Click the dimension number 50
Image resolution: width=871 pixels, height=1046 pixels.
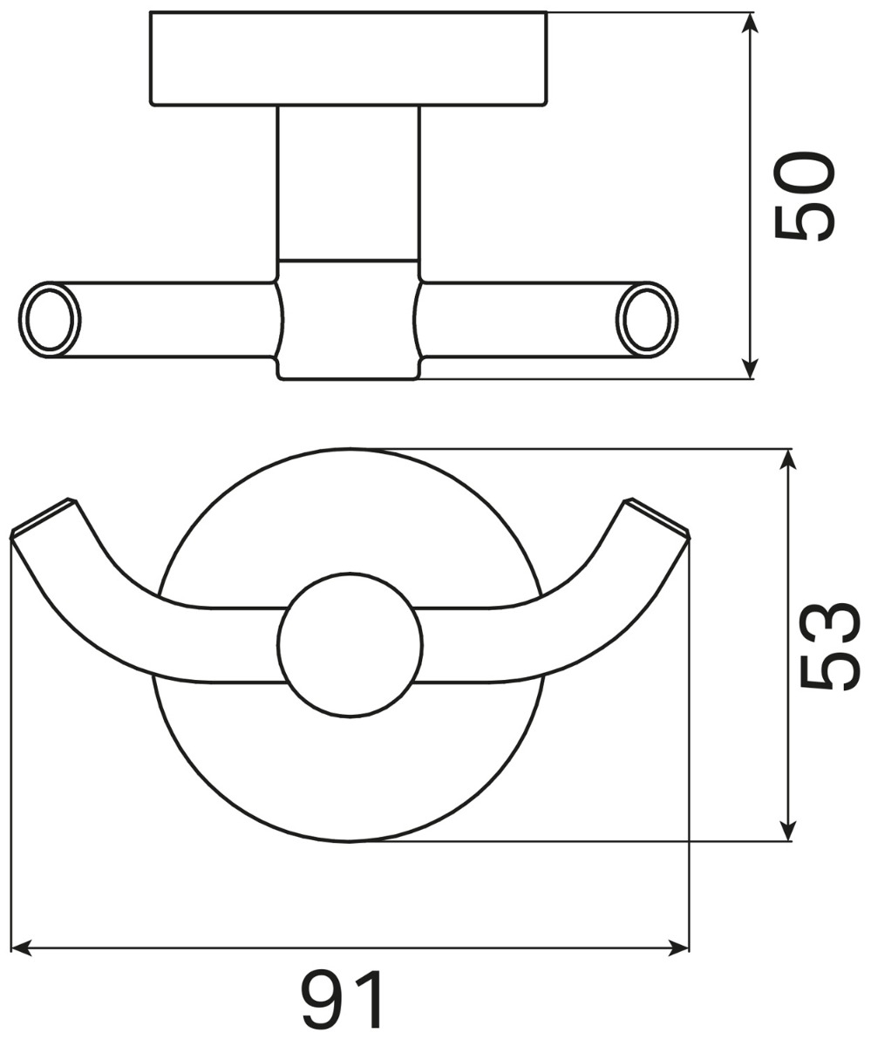click(805, 196)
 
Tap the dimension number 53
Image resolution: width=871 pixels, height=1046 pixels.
click(829, 646)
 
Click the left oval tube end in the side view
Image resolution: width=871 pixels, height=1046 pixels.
click(50, 320)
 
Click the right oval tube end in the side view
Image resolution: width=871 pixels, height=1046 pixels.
click(647, 320)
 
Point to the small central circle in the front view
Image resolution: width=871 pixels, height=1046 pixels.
click(350, 645)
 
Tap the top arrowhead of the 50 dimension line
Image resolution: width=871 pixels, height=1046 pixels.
click(749, 23)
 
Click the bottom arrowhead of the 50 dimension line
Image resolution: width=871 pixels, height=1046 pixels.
click(749, 368)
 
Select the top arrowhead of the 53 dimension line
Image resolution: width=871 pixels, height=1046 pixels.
click(788, 459)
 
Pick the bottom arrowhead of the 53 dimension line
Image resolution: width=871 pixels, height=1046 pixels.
click(788, 831)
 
